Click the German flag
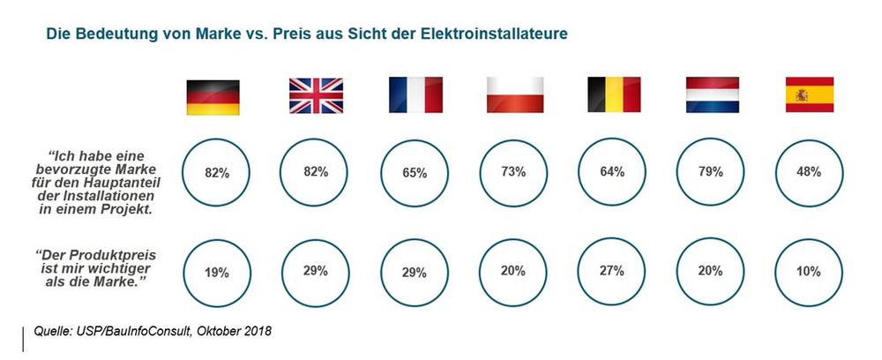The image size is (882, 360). pos(213,96)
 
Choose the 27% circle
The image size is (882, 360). pos(611,272)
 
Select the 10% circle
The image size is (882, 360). pos(810,272)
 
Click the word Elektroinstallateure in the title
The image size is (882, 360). pos(489,34)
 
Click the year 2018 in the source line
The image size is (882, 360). pos(254,331)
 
